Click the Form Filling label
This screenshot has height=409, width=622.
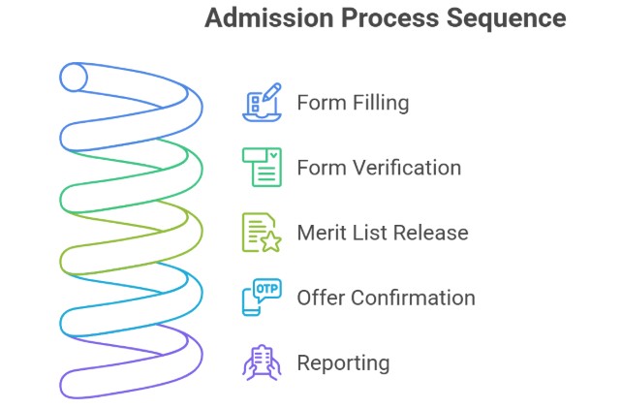(x=353, y=103)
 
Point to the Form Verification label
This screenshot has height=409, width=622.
(x=379, y=168)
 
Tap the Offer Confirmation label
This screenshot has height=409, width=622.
(x=386, y=298)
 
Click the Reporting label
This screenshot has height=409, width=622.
(x=343, y=363)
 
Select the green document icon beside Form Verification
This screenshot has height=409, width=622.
(x=262, y=167)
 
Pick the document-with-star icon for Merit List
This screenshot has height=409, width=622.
(x=261, y=233)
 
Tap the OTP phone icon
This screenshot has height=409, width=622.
(x=261, y=298)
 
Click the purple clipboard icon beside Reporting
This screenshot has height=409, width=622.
(x=261, y=362)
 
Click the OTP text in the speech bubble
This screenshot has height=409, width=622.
(x=266, y=289)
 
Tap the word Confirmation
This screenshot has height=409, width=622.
(x=415, y=298)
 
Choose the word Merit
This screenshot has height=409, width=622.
(x=322, y=233)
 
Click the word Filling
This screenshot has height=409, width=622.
(x=379, y=103)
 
